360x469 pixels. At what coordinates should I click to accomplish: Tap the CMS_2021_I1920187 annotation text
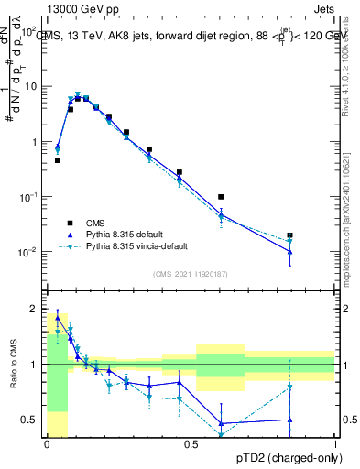pyautogui.click(x=191, y=273)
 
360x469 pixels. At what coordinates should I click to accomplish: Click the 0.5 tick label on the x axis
pyautogui.click(x=191, y=444)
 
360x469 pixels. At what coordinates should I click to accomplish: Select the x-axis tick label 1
pyautogui.click(x=335, y=444)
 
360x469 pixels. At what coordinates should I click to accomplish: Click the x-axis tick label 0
pyautogui.click(x=48, y=444)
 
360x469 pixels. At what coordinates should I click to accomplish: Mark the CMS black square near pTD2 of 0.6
pyautogui.click(x=221, y=197)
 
